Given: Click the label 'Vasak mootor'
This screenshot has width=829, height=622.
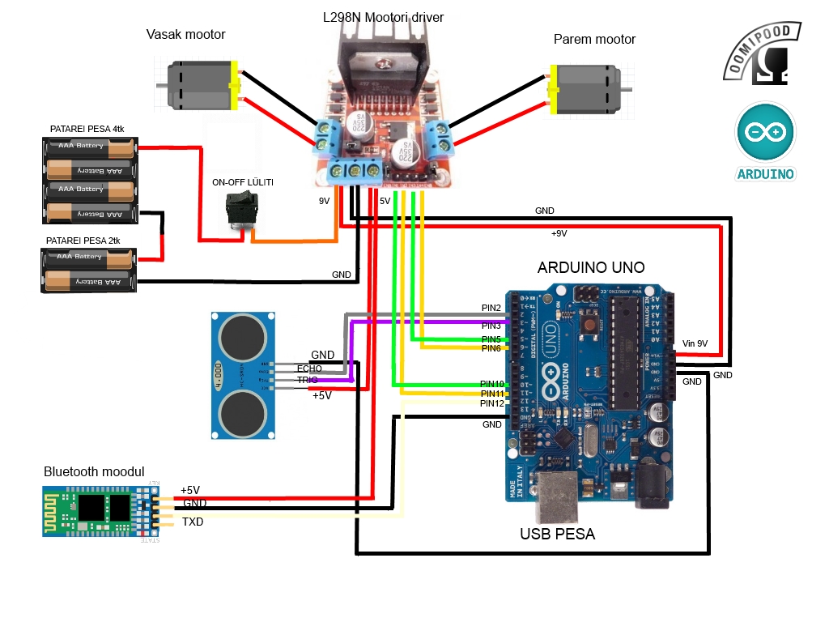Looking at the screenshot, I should tap(185, 34).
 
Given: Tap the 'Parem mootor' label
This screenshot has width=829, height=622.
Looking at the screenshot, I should tap(594, 39).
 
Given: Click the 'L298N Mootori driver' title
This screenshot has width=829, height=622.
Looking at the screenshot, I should tap(382, 16).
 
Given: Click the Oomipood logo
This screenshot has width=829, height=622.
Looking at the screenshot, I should tap(763, 53).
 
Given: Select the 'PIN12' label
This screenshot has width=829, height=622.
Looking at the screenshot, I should tap(491, 403).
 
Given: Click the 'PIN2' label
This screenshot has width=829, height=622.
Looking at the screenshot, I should tap(491, 308).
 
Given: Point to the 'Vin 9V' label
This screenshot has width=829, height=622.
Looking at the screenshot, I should tap(695, 343).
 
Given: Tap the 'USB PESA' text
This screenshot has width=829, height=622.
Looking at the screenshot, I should tap(557, 534).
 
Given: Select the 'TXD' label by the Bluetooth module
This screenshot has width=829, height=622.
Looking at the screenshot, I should tap(193, 522).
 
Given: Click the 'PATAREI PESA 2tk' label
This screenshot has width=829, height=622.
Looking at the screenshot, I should tap(84, 241).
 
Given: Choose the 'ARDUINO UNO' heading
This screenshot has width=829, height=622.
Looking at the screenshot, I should tap(591, 268).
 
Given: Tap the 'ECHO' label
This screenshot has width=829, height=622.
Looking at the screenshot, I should tap(309, 369).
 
